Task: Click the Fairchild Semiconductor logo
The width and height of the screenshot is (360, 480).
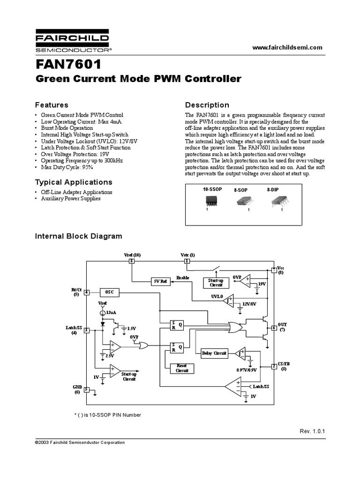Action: point(73,42)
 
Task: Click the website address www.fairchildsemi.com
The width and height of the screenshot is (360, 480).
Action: point(288,47)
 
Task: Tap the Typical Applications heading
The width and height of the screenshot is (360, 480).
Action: point(74,182)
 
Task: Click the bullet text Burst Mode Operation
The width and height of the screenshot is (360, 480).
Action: point(67,128)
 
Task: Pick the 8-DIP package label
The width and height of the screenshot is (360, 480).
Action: point(273,190)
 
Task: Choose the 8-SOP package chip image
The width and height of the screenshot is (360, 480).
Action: point(244,201)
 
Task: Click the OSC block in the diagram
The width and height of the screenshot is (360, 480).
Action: point(110,292)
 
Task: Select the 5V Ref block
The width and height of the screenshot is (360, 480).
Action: point(160,282)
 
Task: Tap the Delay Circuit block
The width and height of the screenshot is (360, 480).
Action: point(214,353)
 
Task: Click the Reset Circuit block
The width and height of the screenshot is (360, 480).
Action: point(182,368)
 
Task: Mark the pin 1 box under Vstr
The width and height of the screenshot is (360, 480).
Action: point(187,261)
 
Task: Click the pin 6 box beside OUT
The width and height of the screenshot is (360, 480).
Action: point(274,328)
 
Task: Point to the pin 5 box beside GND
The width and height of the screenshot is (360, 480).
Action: point(86,389)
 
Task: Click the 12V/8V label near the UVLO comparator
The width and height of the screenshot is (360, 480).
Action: point(249,304)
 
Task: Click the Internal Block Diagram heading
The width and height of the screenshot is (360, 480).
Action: point(79,236)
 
